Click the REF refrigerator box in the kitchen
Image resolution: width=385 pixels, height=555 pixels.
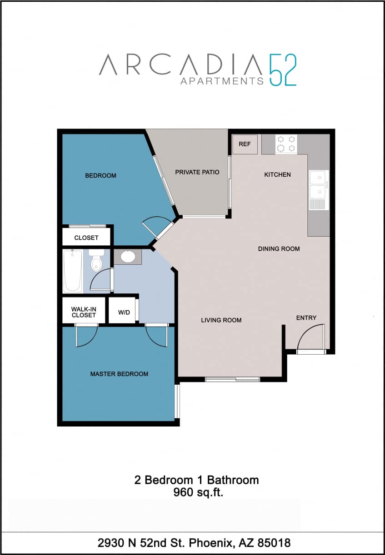coord(245,144)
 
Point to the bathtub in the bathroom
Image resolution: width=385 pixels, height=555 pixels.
coord(73,271)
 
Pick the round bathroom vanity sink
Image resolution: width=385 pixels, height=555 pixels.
coord(127,257)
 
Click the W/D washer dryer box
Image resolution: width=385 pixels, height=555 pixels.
coord(124,312)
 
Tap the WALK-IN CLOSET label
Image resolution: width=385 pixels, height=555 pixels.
coord(84,312)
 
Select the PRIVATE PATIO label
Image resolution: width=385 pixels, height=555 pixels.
coord(197,172)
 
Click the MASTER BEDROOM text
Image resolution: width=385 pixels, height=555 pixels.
coord(119,374)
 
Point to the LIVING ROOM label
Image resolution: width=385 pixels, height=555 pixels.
coord(221,320)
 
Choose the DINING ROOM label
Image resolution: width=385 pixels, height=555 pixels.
coord(279,248)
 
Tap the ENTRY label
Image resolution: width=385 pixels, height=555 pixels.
coord(306,318)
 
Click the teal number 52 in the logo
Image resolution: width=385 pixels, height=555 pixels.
coord(282,70)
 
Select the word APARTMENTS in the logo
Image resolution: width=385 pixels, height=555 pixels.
coord(222,81)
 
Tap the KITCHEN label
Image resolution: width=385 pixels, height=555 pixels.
coord(277,174)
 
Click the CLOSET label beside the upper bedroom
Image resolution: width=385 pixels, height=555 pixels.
coord(86,238)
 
